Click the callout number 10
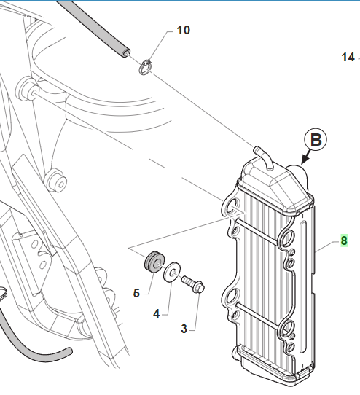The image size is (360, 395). coord(184,30)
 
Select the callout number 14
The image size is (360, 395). coord(348,57)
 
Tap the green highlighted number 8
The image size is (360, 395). coord(344,240)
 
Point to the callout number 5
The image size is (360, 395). coord(136,293)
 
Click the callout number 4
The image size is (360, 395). coord(157,314)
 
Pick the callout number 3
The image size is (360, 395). coord(184,329)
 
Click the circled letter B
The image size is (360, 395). coord(316,140)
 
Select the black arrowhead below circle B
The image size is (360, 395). coord(305,160)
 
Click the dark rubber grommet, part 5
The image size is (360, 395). coord(154,262)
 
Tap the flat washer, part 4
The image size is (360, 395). coord(172,272)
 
